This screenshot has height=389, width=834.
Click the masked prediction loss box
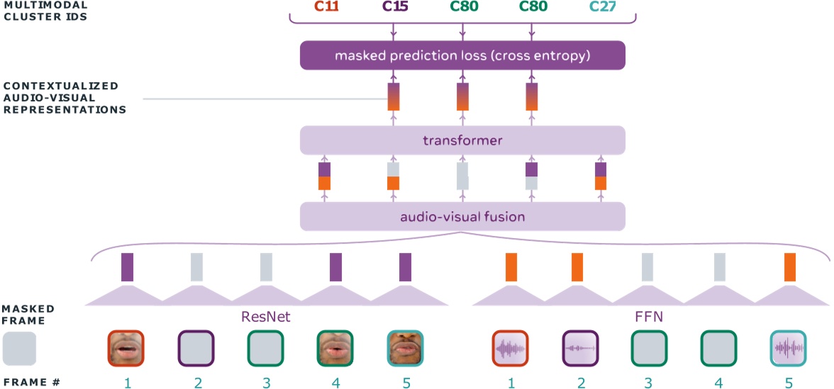(x=462, y=55)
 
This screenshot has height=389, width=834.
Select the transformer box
(x=462, y=140)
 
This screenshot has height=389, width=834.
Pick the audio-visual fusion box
(x=462, y=216)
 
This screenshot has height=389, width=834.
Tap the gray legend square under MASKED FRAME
(x=20, y=349)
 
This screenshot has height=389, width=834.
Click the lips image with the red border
(x=126, y=348)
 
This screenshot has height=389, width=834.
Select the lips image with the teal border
(x=404, y=348)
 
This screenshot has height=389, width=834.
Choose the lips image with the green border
(x=335, y=348)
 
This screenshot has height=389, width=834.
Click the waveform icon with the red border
(x=511, y=348)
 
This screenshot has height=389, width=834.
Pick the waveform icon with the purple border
(x=581, y=348)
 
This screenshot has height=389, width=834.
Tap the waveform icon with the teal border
(x=789, y=348)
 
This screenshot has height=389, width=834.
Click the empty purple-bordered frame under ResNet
(x=196, y=348)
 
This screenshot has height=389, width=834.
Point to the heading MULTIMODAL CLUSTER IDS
(x=43, y=11)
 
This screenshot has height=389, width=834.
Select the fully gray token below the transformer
(x=462, y=176)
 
